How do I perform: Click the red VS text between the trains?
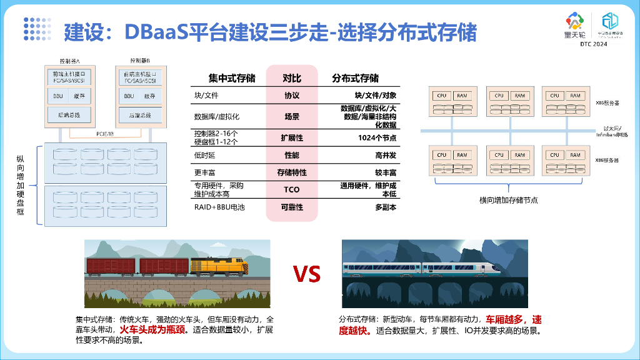[x=307, y=274]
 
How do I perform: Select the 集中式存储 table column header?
[x=231, y=78]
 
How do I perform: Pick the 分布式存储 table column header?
[x=355, y=78]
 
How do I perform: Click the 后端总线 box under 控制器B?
[x=140, y=115]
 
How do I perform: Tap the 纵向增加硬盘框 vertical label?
[x=21, y=186]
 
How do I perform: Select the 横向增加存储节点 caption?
[x=508, y=200]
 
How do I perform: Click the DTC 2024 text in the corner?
[x=593, y=45]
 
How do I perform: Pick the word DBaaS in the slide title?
[x=156, y=31]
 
